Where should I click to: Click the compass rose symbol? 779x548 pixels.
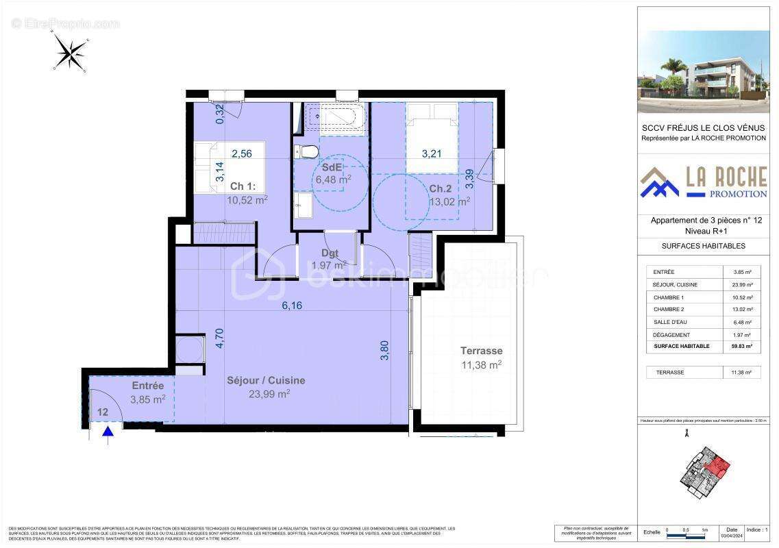[69, 52]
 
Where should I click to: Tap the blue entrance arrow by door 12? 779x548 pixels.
[108, 432]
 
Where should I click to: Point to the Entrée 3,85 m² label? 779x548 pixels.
[148, 393]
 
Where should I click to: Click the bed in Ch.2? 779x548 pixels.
[432, 137]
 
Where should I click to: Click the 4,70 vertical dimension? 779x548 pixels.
[219, 338]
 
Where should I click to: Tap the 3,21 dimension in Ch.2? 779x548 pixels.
[432, 153]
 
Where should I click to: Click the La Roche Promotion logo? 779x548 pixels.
[704, 183]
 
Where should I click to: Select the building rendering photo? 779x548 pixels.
[704, 71]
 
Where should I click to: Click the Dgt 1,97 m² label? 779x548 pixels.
[330, 259]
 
